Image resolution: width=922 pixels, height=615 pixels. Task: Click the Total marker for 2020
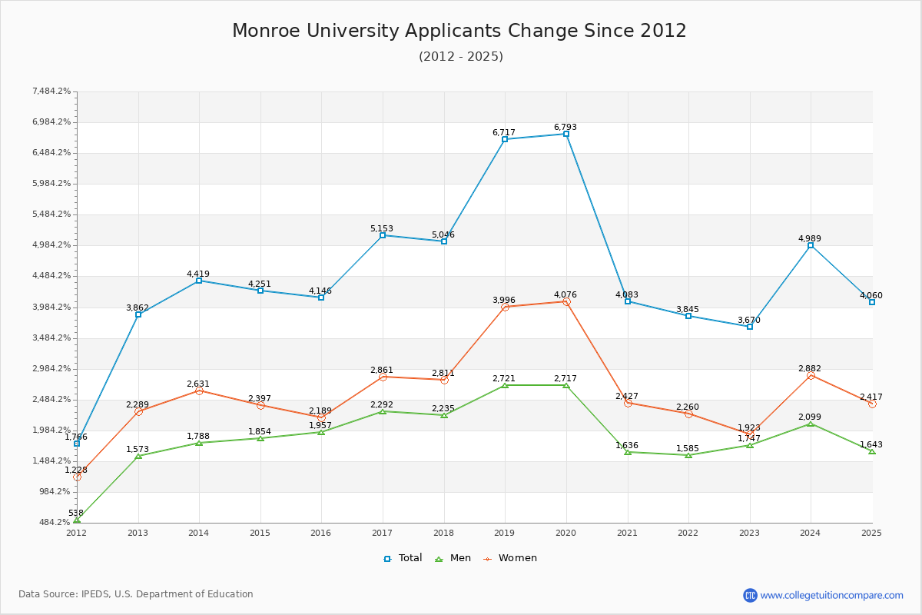pyautogui.click(x=566, y=134)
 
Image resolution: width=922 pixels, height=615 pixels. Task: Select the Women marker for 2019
pyautogui.click(x=505, y=307)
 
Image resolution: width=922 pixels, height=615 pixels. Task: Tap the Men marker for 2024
pyautogui.click(x=811, y=424)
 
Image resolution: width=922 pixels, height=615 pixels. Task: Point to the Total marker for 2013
pyautogui.click(x=138, y=314)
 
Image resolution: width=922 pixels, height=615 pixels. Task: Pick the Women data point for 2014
pyautogui.click(x=199, y=391)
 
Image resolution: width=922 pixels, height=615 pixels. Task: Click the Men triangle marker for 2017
pyautogui.click(x=383, y=411)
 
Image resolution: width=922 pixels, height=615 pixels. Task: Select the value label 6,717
pyautogui.click(x=504, y=132)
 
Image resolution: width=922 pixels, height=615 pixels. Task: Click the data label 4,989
pyautogui.click(x=810, y=238)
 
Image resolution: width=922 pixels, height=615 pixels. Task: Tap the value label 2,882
pyautogui.click(x=810, y=368)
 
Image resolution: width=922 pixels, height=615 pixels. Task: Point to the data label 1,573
pyautogui.click(x=138, y=449)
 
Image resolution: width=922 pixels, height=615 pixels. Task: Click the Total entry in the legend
pyautogui.click(x=403, y=558)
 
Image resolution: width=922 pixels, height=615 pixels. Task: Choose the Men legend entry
pyautogui.click(x=453, y=558)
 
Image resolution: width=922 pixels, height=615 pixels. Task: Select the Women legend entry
pyautogui.click(x=510, y=558)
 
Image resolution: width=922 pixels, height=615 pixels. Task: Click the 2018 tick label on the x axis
pyautogui.click(x=443, y=533)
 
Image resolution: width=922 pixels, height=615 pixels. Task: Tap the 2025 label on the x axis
pyautogui.click(x=871, y=533)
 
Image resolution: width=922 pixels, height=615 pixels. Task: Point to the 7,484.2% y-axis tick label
pyautogui.click(x=51, y=91)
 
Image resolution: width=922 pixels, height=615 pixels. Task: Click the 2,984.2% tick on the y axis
pyautogui.click(x=51, y=369)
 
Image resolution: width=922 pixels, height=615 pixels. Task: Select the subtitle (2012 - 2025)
pyautogui.click(x=461, y=56)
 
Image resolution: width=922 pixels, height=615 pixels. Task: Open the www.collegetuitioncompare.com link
pyautogui.click(x=831, y=595)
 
